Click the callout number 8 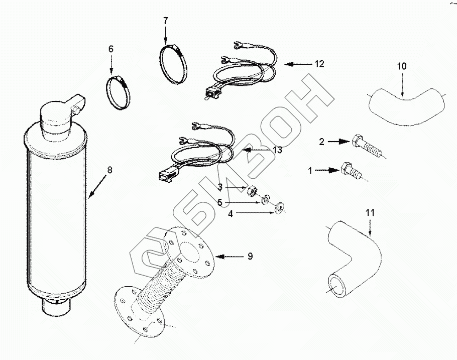tap(110, 169)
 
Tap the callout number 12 tap(320, 64)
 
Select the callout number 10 tap(402, 66)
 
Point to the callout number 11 tap(370, 212)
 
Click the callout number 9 tap(250, 256)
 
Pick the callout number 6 tap(111, 49)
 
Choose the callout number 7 tap(166, 21)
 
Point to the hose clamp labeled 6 tap(119, 91)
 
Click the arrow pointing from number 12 tap(298, 64)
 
